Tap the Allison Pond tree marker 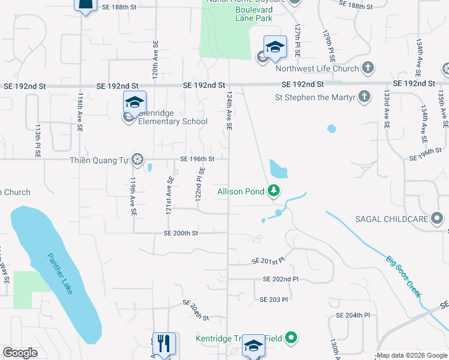tap(274, 191)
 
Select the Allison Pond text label tap(240, 191)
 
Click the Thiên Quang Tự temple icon tap(137, 159)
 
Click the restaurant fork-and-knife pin tap(163, 343)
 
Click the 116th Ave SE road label tap(79, 112)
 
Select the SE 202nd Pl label tap(280, 280)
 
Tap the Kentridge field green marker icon tap(291, 338)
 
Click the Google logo tap(20, 353)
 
